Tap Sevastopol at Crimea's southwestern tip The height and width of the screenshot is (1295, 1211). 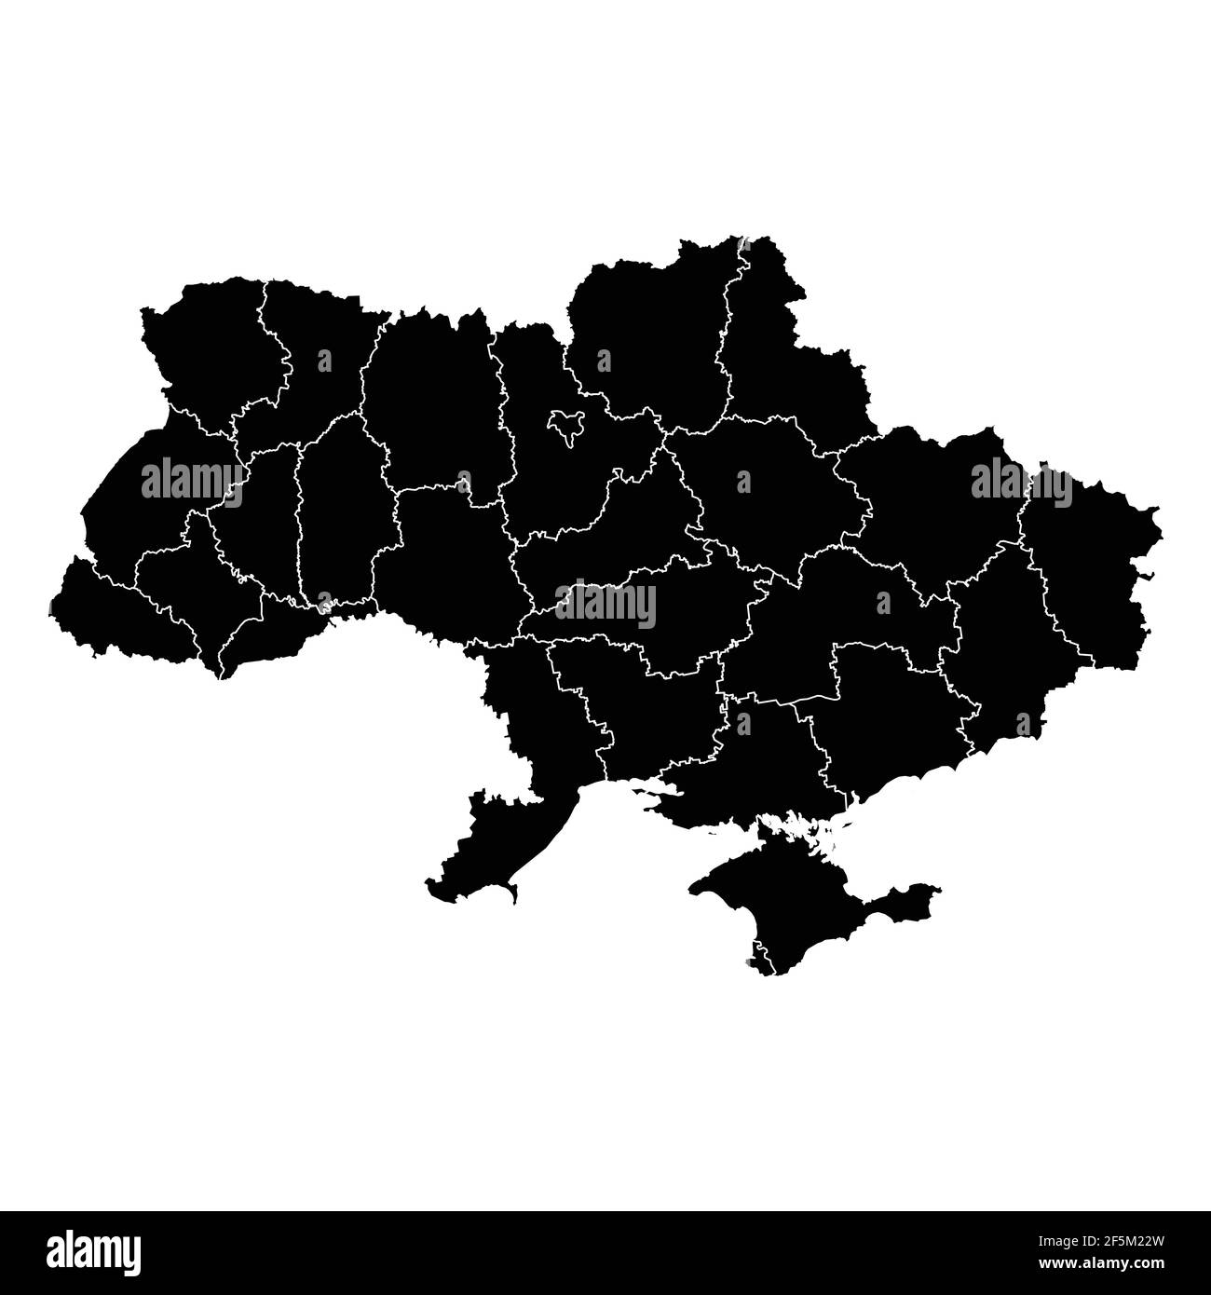[759, 961]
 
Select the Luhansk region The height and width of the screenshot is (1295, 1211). [1090, 568]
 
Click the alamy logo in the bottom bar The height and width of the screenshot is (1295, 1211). [93, 1252]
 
